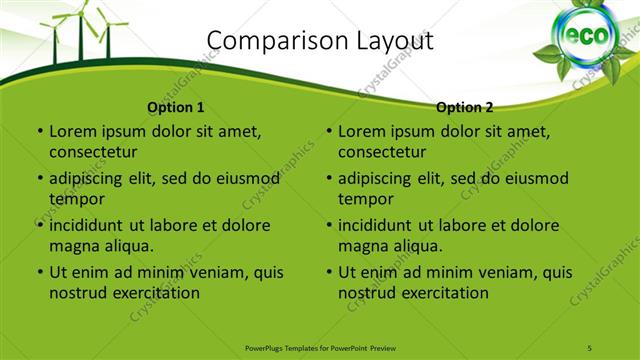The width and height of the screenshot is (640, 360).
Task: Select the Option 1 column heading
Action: coord(176,107)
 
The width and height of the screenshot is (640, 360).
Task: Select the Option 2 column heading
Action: coord(465,107)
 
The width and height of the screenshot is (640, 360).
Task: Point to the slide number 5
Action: coord(590,346)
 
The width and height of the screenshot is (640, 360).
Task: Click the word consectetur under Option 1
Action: coord(93,152)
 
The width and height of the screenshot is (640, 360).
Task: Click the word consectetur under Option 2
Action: coord(382,152)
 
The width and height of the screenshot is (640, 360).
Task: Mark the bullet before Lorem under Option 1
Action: coord(39,131)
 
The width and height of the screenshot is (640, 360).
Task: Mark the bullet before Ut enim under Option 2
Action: coord(328,272)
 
